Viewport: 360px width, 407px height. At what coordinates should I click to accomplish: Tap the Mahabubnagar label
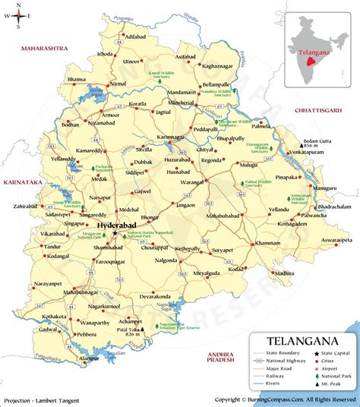point(81,291)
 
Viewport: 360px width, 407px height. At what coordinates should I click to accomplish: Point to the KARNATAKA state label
point(21,182)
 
